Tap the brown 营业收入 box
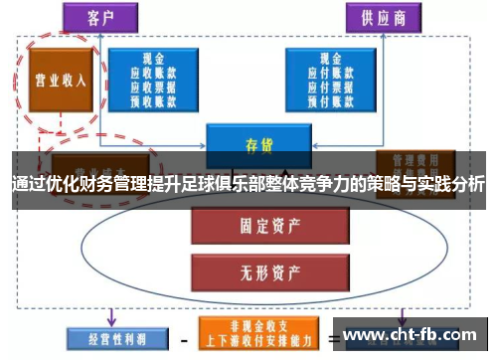coord(62,81)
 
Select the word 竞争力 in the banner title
coord(334,186)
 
